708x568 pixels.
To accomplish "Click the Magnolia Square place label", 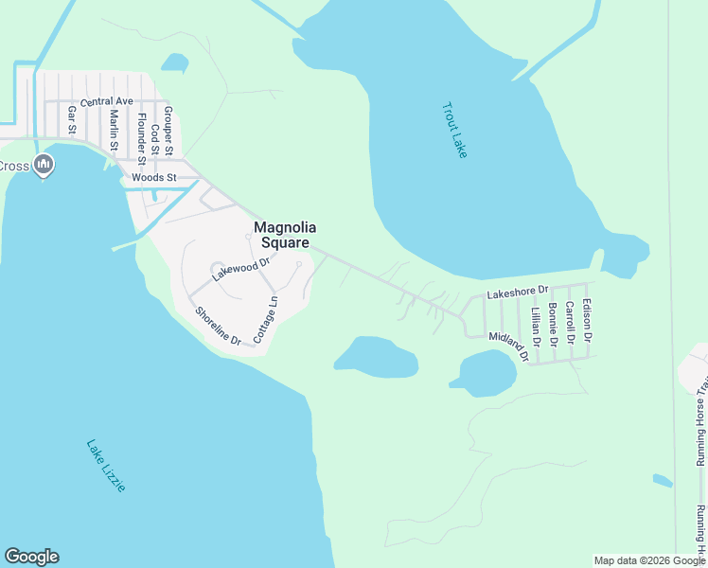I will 284,235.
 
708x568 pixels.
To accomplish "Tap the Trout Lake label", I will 454,130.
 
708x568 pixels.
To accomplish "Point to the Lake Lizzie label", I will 105,465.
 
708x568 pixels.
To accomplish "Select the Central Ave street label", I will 107,101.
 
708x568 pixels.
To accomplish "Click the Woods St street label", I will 154,177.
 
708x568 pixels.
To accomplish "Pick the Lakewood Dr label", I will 241,266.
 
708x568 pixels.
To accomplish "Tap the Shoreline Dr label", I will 218,326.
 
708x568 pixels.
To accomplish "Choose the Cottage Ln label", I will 265,321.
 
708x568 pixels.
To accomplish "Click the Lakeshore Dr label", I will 518,293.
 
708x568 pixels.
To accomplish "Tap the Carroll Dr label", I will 570,322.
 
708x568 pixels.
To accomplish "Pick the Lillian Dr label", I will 535,327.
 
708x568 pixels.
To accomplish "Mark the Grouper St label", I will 168,131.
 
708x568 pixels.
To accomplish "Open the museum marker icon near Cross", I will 43,167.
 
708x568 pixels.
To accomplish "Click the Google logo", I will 31,557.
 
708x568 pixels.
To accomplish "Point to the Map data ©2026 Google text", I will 648,560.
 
